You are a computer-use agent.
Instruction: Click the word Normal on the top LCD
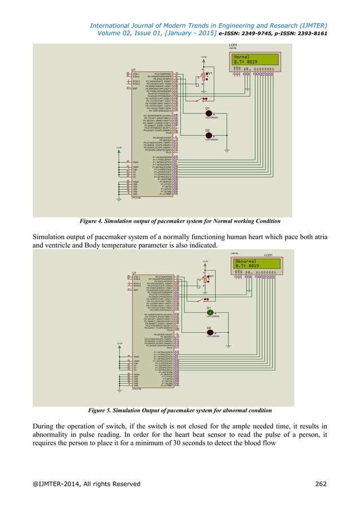(x=242, y=57)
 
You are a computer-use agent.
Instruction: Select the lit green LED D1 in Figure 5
(x=209, y=313)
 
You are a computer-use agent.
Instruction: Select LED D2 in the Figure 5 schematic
(x=209, y=333)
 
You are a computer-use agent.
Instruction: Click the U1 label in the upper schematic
(x=134, y=69)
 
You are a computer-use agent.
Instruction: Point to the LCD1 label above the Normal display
(x=233, y=45)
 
